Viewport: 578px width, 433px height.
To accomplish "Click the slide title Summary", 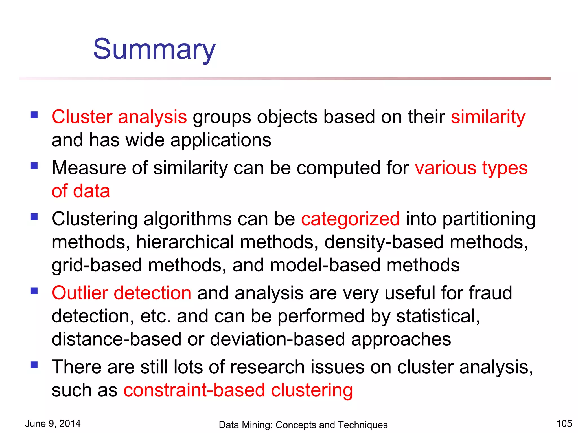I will click(154, 49).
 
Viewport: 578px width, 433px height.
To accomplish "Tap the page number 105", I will click(564, 423).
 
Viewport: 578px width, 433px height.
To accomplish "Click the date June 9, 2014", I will click(53, 423).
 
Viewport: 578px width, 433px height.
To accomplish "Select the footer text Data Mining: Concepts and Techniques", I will click(303, 425).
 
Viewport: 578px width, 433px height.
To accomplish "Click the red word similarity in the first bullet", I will click(488, 117).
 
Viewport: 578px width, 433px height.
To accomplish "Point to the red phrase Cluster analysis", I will click(119, 117).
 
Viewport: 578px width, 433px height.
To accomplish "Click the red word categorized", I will click(350, 219).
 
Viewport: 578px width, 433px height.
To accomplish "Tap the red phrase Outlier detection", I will click(122, 293).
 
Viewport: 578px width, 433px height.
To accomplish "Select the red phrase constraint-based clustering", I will click(238, 390).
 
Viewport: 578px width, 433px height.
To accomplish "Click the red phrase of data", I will click(81, 191).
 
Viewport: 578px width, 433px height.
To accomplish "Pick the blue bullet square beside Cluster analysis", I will click(34, 115).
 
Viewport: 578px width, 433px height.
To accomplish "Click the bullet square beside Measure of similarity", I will click(34, 166).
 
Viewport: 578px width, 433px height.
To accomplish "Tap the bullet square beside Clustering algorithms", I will click(34, 217).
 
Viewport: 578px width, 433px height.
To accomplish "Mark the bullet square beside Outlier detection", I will click(34, 291).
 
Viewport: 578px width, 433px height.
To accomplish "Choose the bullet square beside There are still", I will click(34, 365).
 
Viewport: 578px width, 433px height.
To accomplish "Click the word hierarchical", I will click(185, 242).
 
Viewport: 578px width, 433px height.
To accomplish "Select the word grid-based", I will click(97, 266).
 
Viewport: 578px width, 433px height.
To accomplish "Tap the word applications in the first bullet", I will click(221, 140).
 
